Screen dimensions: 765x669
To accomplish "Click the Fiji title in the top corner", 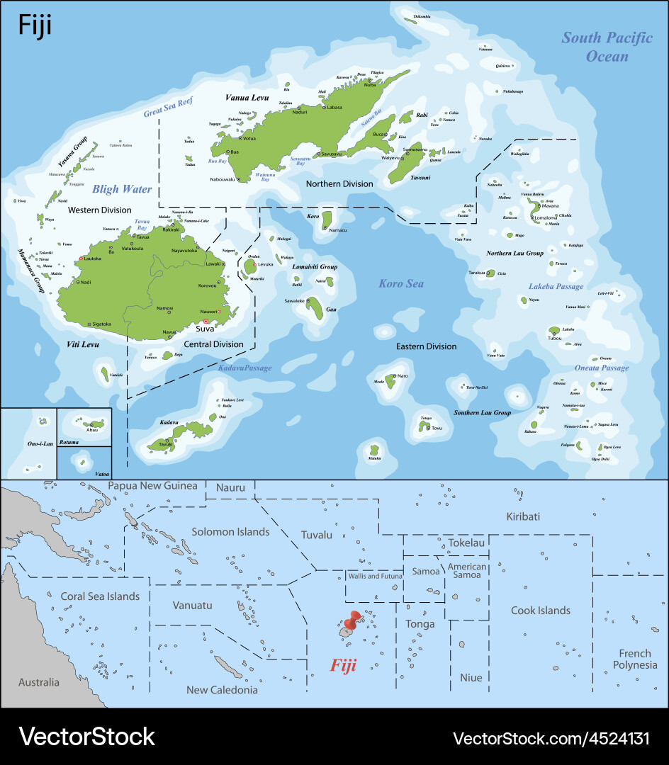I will coord(34,25).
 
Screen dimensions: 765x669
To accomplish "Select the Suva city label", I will coord(205,329).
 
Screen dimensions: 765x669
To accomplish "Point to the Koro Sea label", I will coord(400,283).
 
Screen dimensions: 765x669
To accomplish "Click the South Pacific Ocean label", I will coord(607,46).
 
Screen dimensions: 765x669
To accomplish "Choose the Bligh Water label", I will coord(121,189).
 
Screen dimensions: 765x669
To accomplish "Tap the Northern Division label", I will coord(339,183).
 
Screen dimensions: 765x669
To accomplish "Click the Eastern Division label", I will coord(426,346).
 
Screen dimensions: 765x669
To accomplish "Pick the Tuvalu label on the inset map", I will coord(316,535).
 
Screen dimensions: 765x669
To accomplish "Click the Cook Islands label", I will coord(540,610).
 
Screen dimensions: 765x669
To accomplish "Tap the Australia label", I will coord(39,682).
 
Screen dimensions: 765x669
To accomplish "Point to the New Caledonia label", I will coord(222,689).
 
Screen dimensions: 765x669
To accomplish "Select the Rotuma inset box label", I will coord(69,441).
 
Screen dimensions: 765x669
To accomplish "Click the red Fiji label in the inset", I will coord(344,666).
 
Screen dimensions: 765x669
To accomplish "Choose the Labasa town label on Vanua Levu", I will coord(334,108).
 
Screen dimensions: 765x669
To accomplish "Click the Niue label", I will coord(471,677).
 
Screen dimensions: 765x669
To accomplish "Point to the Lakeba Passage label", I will coord(556,286).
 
